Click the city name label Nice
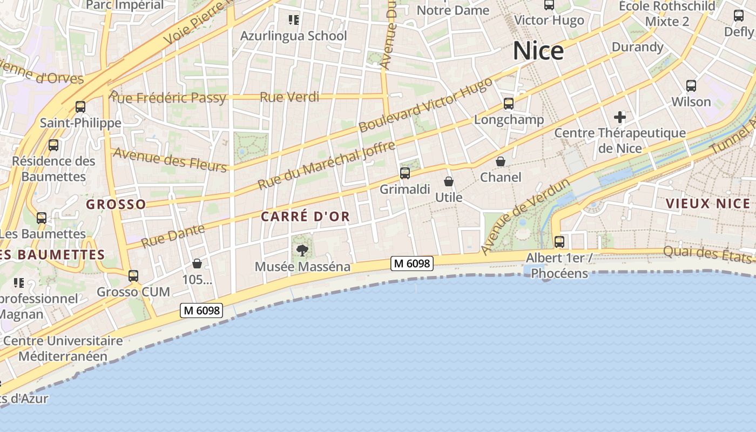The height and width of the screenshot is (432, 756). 538,51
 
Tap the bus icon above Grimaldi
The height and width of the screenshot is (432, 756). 405,173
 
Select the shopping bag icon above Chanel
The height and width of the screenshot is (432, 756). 501,161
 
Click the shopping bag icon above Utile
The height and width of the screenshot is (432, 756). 449,181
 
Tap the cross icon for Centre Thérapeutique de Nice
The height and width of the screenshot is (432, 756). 620,117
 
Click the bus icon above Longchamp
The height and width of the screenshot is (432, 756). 508,103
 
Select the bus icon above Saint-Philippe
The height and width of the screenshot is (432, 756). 80,107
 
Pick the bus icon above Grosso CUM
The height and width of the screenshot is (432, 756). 133,276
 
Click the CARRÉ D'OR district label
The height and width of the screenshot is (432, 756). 306,217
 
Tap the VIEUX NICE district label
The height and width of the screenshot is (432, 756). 708,204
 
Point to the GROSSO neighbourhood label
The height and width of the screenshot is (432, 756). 116,205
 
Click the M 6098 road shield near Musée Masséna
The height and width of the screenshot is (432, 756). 413,264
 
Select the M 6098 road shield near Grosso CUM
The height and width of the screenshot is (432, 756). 201,310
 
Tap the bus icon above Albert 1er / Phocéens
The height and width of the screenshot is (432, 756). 559,241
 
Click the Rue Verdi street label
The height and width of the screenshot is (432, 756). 289,97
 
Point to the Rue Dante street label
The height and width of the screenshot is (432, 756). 173,236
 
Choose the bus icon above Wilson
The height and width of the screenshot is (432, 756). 691,85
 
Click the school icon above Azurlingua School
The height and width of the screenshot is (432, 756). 294,20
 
